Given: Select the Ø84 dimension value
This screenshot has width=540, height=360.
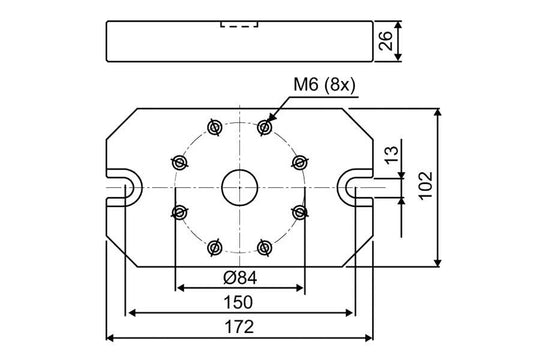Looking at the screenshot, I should tap(239, 277).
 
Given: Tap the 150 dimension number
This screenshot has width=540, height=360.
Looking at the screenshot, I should tap(239, 302).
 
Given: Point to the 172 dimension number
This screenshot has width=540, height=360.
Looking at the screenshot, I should tap(239, 326).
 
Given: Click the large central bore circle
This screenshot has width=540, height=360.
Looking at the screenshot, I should tap(239, 186).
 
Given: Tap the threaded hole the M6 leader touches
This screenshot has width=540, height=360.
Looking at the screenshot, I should tap(264, 127).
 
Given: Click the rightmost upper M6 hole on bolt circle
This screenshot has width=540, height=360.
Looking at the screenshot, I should tap(298, 161).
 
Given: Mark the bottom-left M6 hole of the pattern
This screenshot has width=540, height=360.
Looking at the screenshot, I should tap(214, 245).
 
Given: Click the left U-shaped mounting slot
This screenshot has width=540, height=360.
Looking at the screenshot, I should tap(124, 186).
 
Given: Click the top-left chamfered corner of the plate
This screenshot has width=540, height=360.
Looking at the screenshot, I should tap(118, 123).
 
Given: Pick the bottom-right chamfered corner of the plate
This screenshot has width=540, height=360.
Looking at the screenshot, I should tap(360, 250).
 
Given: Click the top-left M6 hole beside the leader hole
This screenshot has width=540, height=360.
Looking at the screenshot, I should tap(214, 127).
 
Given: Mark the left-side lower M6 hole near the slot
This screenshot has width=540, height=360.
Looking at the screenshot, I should tap(180, 211).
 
